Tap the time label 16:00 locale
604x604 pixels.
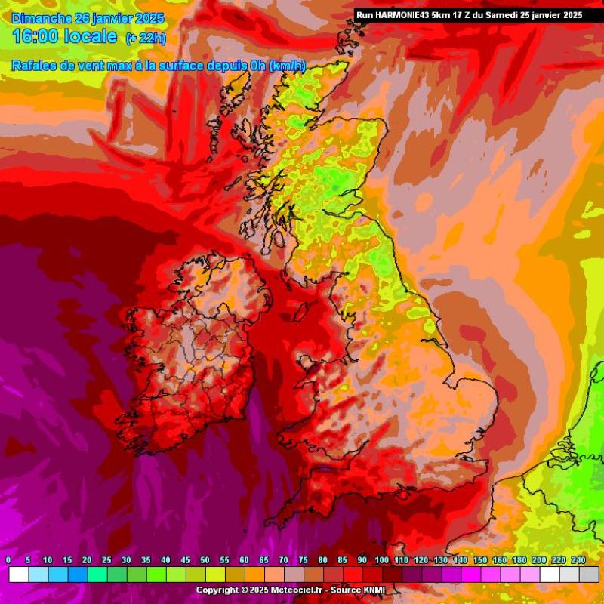[64, 36]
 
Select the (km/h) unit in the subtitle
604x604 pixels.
[288, 66]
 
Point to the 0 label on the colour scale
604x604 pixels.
[8, 560]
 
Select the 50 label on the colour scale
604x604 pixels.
[205, 560]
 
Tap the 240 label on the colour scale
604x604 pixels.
[578, 560]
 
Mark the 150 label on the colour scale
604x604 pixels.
[480, 560]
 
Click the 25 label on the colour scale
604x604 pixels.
[106, 560]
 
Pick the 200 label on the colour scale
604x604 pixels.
[539, 560]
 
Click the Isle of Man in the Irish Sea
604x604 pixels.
[300, 310]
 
